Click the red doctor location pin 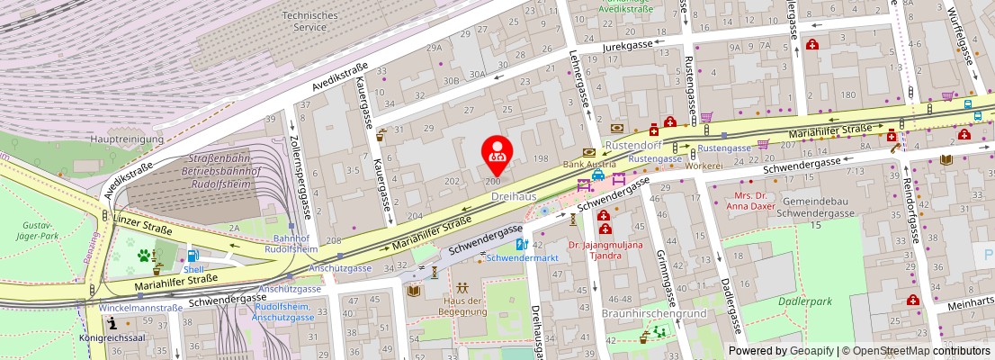496,153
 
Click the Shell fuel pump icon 193,256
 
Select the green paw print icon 144,256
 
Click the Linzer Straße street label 143,224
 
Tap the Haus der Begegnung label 462,306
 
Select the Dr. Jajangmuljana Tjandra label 607,249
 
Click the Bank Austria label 589,165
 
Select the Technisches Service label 309,22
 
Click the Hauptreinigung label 127,139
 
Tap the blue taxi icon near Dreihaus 597,176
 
